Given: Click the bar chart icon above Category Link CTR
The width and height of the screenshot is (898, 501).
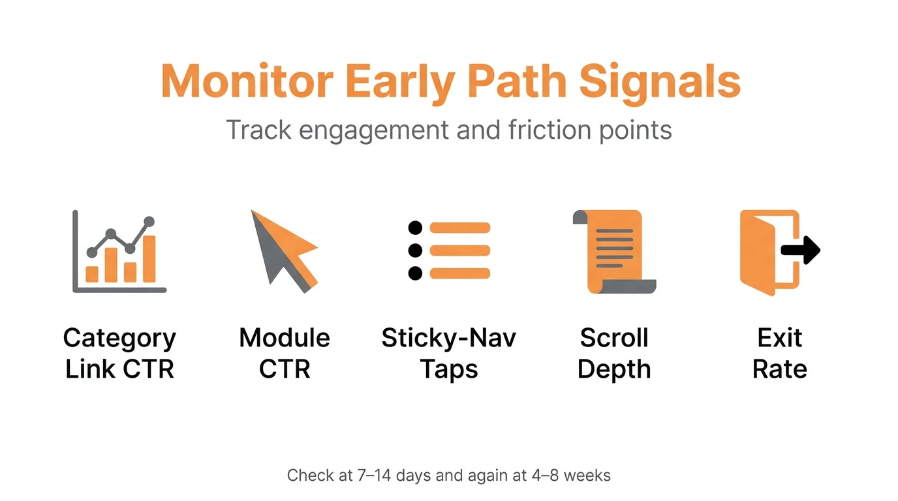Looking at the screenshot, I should click(119, 251).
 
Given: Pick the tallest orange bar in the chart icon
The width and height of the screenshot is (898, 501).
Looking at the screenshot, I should click(149, 259).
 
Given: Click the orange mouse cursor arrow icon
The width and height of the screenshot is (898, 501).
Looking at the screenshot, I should click(282, 250).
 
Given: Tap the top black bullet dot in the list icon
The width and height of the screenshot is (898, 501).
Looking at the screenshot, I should click(415, 228).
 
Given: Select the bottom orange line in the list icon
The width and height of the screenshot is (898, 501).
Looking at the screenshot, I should click(459, 273).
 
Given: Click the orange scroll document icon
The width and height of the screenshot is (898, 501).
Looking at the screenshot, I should click(613, 251).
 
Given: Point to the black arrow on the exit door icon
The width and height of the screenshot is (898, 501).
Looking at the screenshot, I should click(801, 250).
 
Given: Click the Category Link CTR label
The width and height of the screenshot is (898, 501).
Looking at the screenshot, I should click(119, 354).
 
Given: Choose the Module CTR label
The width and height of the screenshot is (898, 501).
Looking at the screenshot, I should click(285, 354).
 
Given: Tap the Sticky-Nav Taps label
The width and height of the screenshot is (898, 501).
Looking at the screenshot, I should click(449, 354).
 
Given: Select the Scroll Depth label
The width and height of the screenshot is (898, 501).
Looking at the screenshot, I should click(614, 354).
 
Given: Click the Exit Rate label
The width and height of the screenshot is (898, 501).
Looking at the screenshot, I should click(780, 354).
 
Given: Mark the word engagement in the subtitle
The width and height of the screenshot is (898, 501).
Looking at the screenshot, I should click(369, 130).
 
